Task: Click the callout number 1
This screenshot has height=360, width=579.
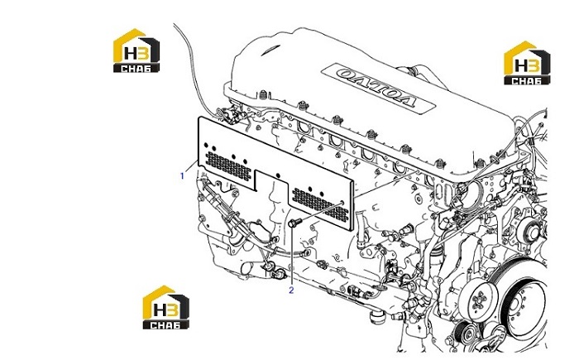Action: [x=182, y=176]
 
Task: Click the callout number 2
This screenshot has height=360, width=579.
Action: [x=291, y=290]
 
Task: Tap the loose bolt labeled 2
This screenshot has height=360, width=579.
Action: [x=294, y=223]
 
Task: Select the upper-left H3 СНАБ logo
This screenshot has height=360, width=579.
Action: [x=136, y=50]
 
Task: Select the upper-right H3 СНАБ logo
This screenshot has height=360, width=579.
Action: [x=527, y=63]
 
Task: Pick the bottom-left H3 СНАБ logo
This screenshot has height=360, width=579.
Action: [x=165, y=307]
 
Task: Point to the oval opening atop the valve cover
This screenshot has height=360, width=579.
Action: [x=270, y=50]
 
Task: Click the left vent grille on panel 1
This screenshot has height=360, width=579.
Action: [x=227, y=166]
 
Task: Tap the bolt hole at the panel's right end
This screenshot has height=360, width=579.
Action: [x=342, y=202]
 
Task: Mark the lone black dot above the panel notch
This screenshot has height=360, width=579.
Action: [x=278, y=175]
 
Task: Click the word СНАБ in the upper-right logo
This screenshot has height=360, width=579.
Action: [x=527, y=80]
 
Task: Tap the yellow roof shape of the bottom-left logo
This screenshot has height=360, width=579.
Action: [x=156, y=295]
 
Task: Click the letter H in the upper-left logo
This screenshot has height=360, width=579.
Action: [x=131, y=54]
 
